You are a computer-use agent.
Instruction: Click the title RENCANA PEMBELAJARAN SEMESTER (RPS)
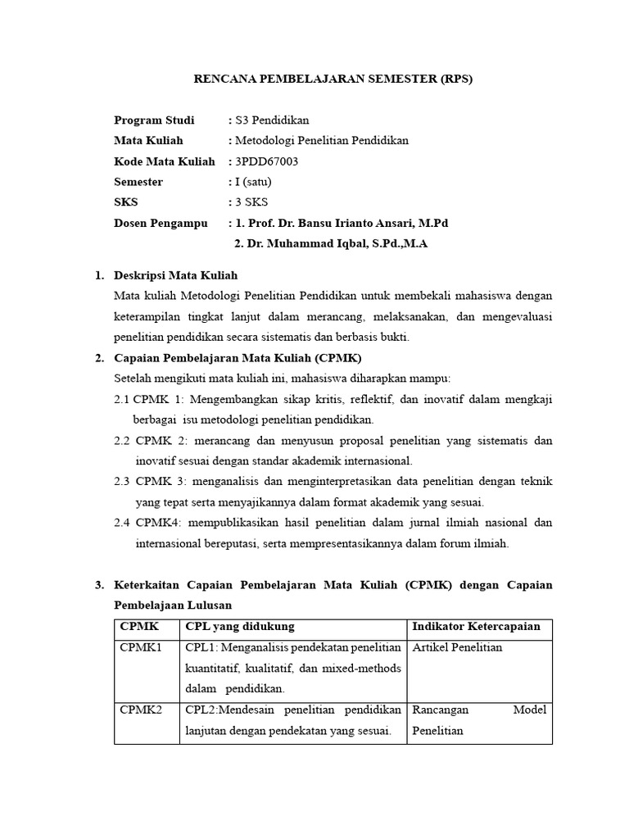(333, 79)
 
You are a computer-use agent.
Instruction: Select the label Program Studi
(154, 120)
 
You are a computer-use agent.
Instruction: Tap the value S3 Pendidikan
(272, 120)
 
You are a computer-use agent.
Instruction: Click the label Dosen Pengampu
(161, 223)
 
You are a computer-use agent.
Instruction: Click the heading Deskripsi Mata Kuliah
(176, 275)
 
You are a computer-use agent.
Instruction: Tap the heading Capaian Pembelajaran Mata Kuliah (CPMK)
(238, 358)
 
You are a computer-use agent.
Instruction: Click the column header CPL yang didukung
(240, 627)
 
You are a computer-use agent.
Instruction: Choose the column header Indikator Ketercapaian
(476, 627)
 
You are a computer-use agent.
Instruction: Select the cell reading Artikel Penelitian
(457, 647)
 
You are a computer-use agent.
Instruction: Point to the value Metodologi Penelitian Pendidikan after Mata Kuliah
(321, 141)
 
